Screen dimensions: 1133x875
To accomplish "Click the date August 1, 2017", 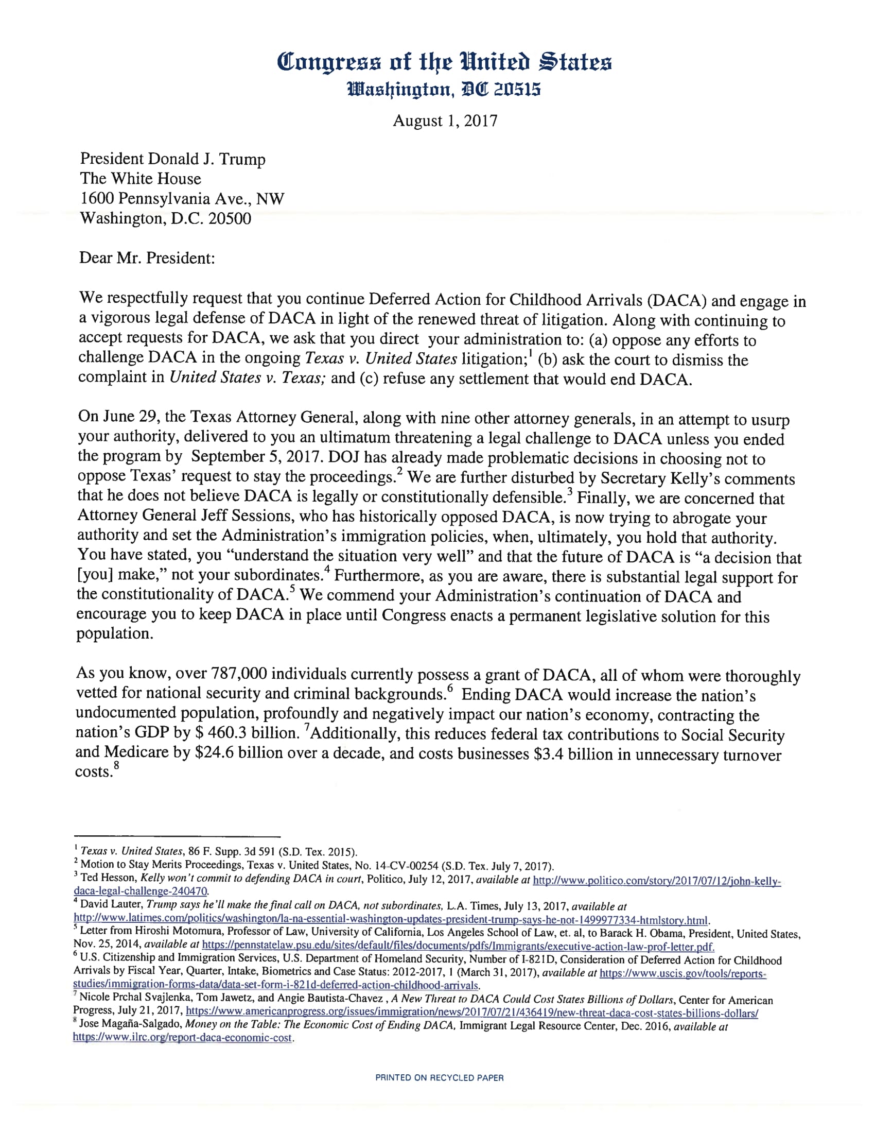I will (445, 121).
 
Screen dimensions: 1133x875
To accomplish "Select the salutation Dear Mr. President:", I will (147, 258).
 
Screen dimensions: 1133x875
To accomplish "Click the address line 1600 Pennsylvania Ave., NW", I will (182, 198).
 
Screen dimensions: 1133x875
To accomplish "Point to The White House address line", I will (141, 179).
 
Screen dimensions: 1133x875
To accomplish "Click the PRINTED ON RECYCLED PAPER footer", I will (440, 1077).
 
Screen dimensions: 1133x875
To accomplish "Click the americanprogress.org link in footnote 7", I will (471, 1012).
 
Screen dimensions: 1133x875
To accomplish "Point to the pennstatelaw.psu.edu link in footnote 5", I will (458, 945).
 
